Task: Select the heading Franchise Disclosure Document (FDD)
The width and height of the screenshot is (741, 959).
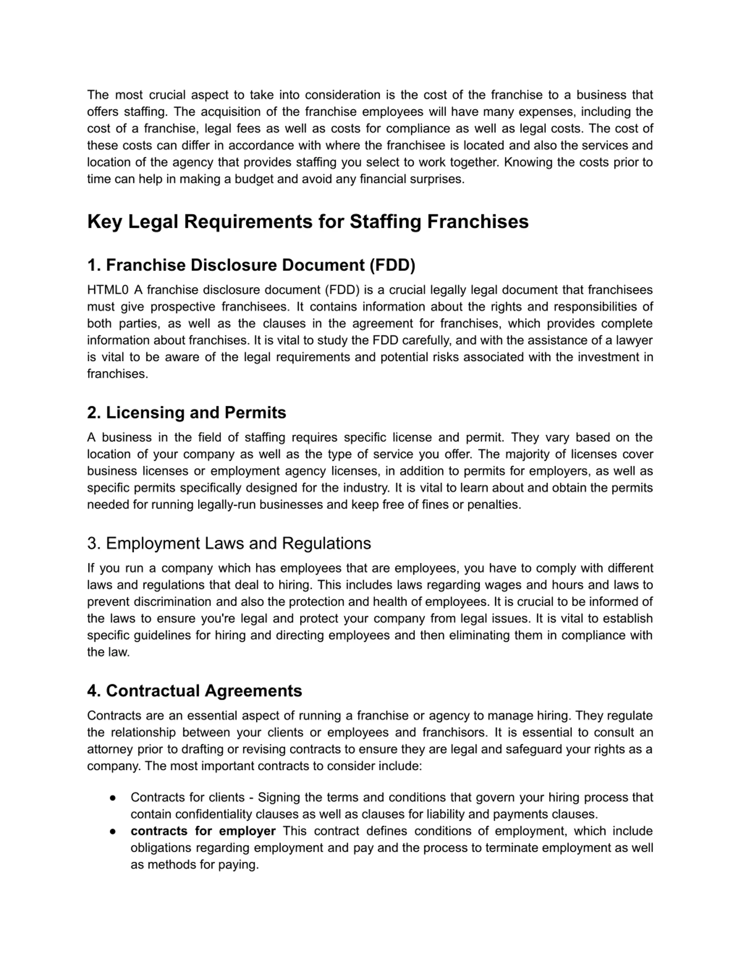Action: click(251, 265)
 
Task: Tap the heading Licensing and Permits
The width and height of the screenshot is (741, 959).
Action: click(187, 413)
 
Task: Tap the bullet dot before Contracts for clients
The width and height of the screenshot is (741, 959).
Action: click(113, 798)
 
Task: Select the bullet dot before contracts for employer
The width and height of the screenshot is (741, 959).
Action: click(113, 832)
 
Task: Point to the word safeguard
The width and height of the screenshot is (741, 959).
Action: click(533, 749)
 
